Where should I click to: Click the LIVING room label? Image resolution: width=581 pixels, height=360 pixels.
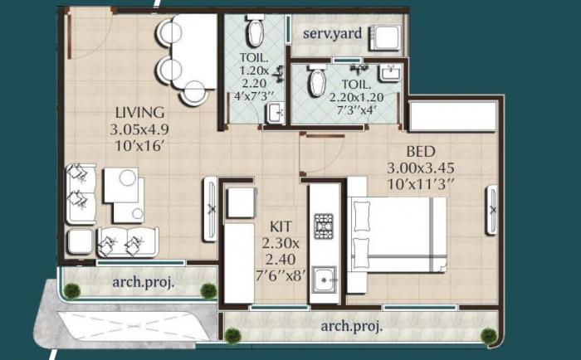(140, 112)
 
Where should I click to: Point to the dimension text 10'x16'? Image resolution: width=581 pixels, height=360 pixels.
(140, 146)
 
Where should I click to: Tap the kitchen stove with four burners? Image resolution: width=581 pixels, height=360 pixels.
(322, 225)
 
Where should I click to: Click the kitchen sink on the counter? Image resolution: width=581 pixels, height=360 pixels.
(322, 280)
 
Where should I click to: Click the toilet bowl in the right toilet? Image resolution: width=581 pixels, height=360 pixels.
(316, 83)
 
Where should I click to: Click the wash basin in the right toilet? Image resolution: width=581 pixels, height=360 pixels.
(388, 74)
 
